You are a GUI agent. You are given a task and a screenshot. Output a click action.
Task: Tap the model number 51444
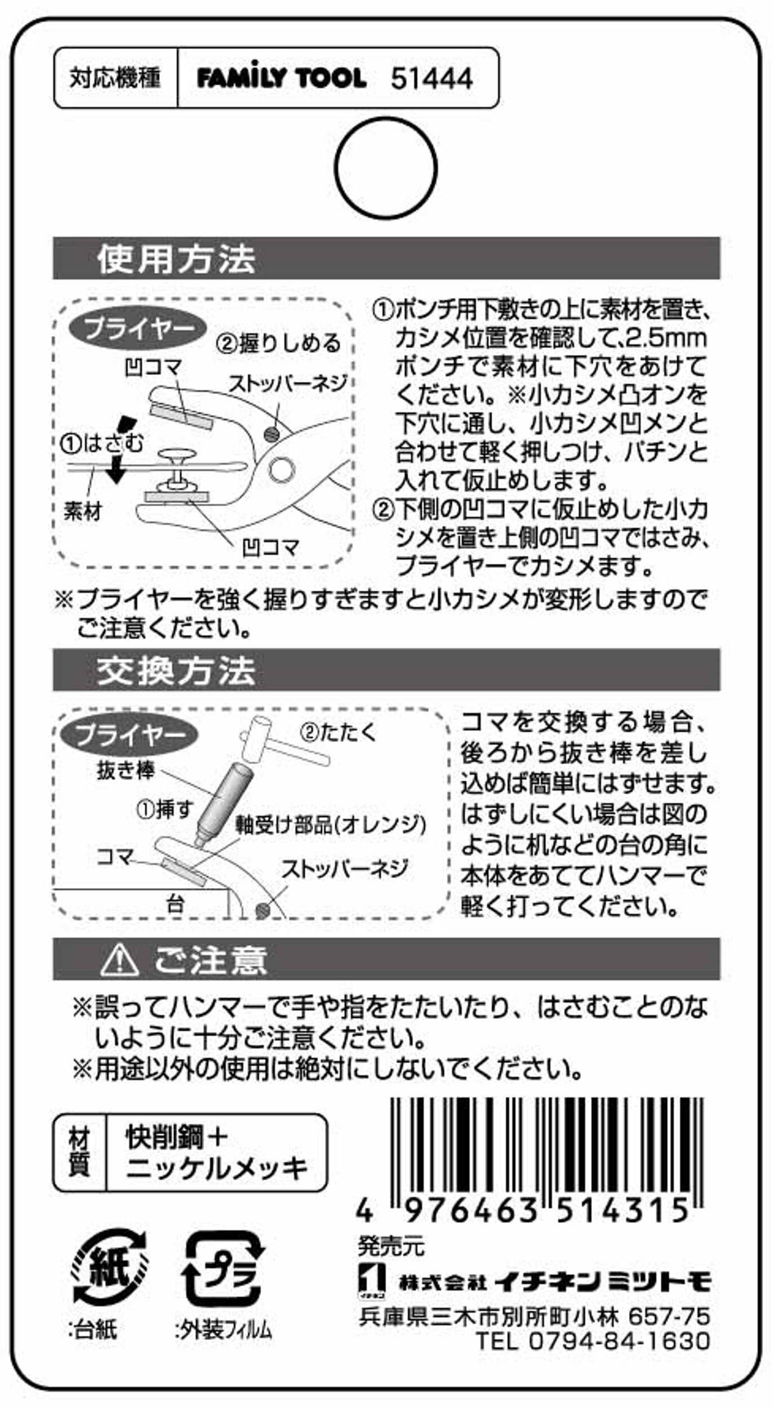coord(432,78)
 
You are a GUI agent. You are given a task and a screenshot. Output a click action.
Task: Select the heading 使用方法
coord(176,259)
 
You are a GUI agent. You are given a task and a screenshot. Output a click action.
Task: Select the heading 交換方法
coord(176,670)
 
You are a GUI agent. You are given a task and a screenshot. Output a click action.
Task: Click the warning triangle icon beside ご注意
coord(119,960)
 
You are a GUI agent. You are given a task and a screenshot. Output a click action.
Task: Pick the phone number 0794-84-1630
coord(619,1340)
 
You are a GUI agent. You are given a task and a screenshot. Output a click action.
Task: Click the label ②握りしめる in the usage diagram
coord(279,342)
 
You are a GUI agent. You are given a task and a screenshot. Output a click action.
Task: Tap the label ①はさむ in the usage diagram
coord(102,444)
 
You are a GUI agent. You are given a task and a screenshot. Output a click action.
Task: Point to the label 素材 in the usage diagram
coord(82,512)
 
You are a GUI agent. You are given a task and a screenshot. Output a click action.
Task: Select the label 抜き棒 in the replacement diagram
coord(126,770)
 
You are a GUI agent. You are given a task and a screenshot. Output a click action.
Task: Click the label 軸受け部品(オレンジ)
coord(331,825)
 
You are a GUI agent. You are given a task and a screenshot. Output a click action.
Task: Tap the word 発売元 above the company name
coord(391,1245)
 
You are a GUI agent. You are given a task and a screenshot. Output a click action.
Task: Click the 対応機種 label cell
coord(115,78)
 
